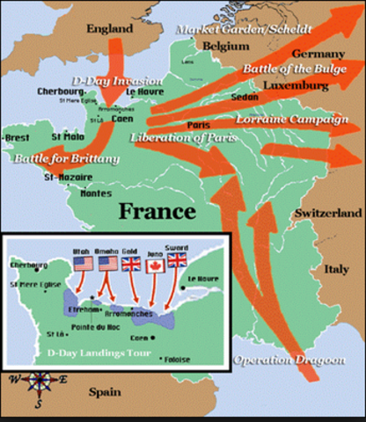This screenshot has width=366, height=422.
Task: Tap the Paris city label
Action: pyautogui.click(x=200, y=126)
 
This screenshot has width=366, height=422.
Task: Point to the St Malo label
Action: pyautogui.click(x=68, y=136)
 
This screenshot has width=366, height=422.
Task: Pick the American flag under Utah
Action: pyautogui.click(x=84, y=263)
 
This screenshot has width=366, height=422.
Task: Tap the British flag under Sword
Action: pyautogui.click(x=177, y=261)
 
